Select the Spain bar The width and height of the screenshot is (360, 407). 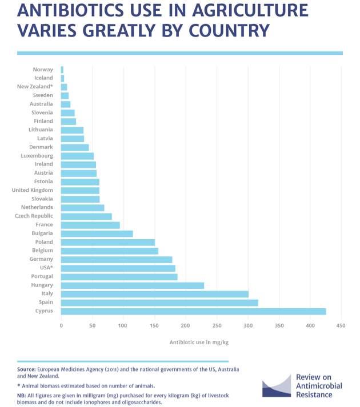click(159, 303)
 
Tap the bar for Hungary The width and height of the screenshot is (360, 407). click(133, 285)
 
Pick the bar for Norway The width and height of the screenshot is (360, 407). click(62, 70)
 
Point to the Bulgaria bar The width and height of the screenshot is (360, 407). click(97, 233)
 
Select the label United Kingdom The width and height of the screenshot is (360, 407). click(33, 190)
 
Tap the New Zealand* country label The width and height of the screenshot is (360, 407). click(35, 87)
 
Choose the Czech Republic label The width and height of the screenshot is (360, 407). click(34, 216)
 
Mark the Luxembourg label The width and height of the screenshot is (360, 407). click(37, 156)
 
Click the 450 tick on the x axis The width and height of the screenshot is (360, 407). click(341, 326)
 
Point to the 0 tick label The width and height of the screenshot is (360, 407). click(61, 326)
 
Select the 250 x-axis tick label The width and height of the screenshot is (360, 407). click(217, 326)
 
